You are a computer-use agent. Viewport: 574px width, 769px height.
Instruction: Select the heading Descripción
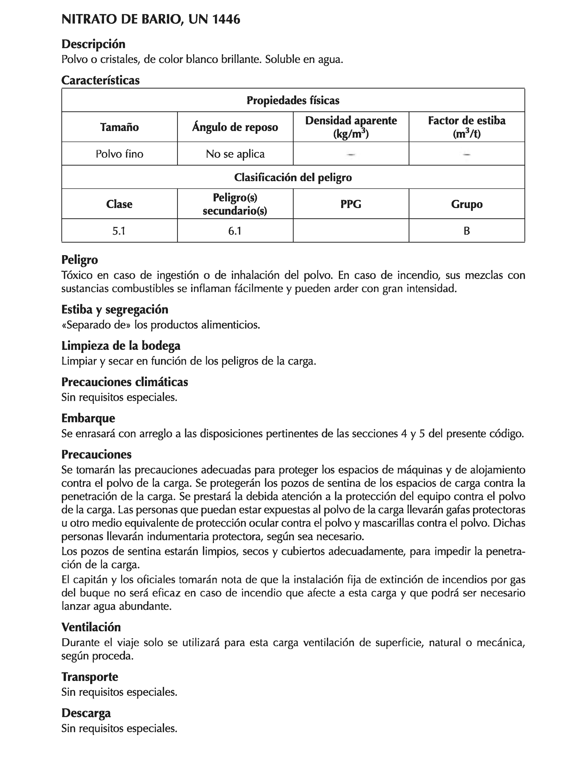(93, 44)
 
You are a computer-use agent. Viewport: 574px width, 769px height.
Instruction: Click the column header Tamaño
(119, 127)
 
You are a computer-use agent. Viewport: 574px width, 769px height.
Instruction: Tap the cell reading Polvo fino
(119, 154)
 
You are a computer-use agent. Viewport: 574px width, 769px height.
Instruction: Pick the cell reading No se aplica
(235, 154)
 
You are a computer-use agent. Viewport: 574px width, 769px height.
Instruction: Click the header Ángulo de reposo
(235, 127)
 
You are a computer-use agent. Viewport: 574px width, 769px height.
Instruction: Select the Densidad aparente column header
(351, 127)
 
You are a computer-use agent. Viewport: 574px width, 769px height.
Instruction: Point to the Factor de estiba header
(466, 127)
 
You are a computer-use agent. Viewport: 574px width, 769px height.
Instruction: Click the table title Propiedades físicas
(293, 101)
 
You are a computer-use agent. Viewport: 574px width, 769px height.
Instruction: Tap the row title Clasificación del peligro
(293, 178)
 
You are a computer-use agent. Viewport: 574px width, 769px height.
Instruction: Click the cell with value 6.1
(235, 231)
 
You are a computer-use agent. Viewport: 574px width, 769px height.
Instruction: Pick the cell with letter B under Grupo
(466, 231)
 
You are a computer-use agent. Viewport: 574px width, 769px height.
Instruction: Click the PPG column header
(351, 204)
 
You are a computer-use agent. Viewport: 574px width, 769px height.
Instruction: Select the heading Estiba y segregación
(115, 309)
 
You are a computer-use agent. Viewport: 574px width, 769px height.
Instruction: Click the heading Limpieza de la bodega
(121, 346)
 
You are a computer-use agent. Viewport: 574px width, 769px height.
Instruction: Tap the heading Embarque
(88, 418)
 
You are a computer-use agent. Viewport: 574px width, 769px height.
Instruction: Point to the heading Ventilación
(91, 627)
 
